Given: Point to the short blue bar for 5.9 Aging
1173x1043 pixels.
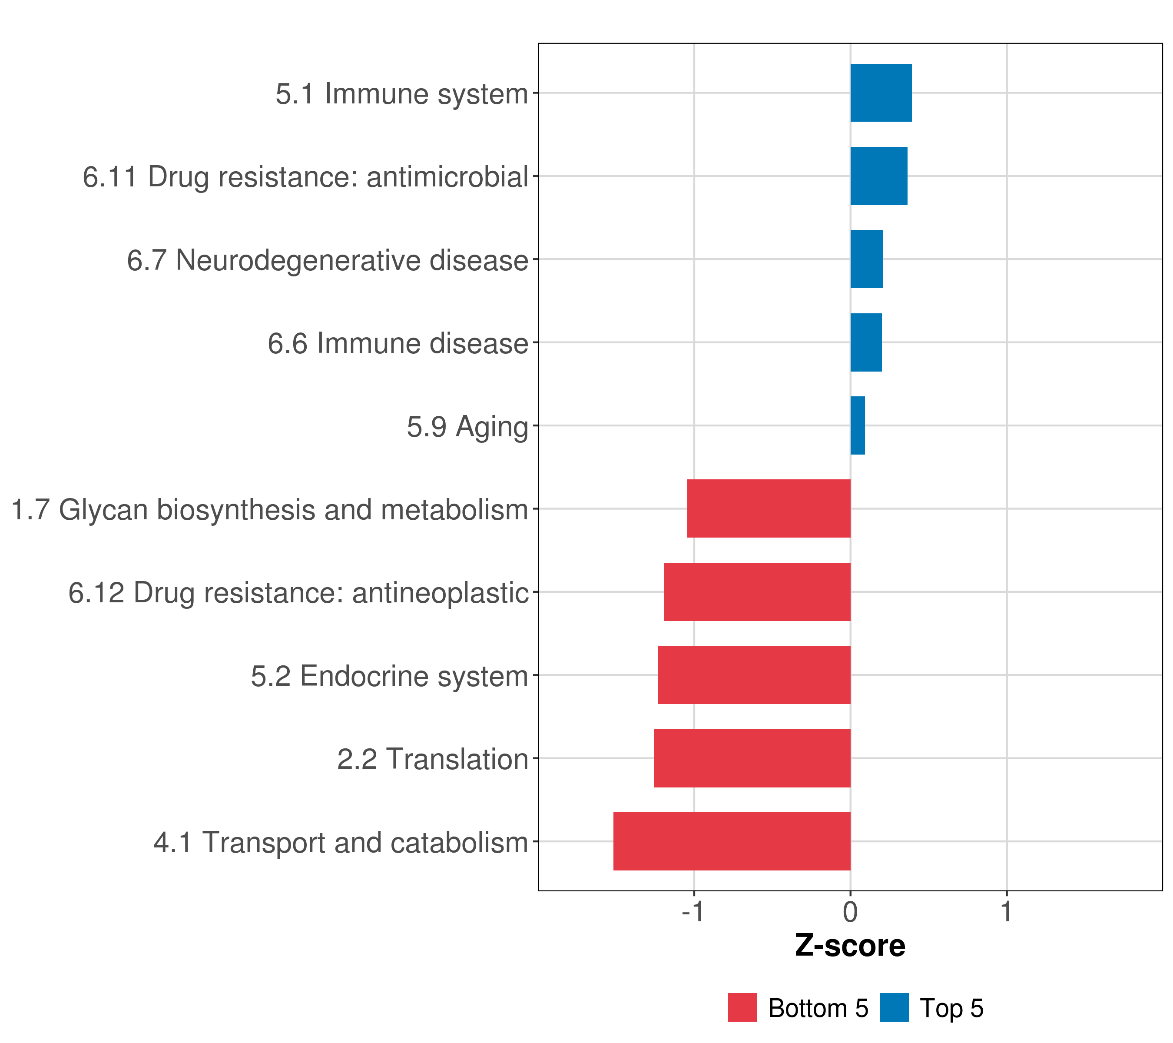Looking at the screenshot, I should point(857,425).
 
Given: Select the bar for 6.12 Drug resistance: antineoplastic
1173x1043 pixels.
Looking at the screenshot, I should point(756,592).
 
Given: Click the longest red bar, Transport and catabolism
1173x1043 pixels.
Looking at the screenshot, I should point(731,841).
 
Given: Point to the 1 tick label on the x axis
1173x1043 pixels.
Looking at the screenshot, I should point(1006,912).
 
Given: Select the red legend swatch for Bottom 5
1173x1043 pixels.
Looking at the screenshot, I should point(742,1007).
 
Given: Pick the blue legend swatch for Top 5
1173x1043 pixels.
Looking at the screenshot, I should point(894,1007).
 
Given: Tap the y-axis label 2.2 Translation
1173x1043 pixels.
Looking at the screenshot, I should point(432,759).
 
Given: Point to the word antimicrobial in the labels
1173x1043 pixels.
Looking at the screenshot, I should point(447,177).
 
